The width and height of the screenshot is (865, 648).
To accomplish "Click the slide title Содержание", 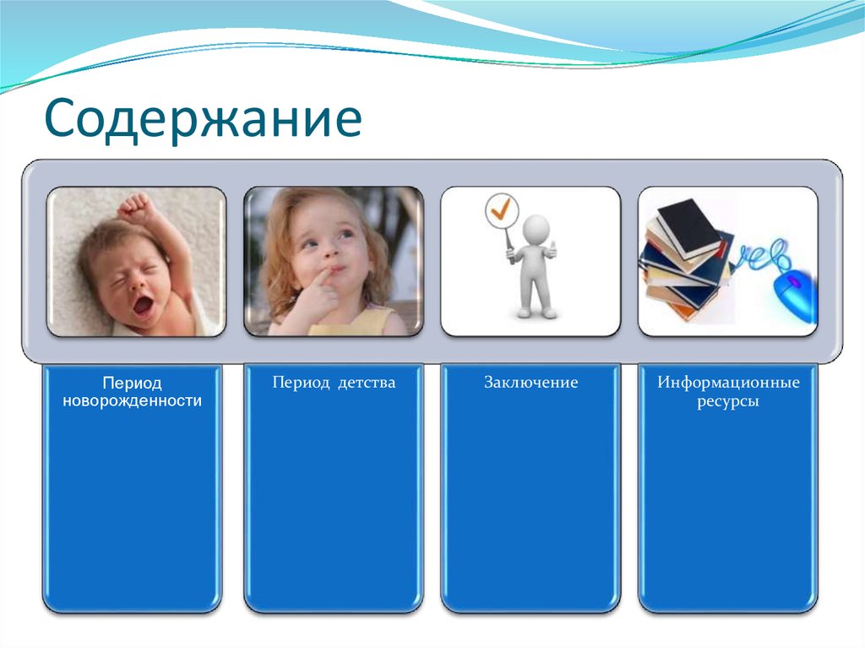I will (203, 120).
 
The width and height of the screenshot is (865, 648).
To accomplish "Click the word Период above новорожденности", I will (132, 384).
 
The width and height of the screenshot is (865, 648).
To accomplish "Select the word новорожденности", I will (132, 401).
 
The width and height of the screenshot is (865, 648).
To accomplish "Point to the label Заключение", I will (530, 383).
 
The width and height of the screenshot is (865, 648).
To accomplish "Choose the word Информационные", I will (728, 383).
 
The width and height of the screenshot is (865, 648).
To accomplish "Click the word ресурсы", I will (728, 401).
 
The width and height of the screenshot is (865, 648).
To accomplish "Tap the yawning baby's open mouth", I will (143, 304).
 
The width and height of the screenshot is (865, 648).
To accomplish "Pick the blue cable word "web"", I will (765, 253).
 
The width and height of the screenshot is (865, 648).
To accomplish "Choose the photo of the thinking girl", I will (334, 262).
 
